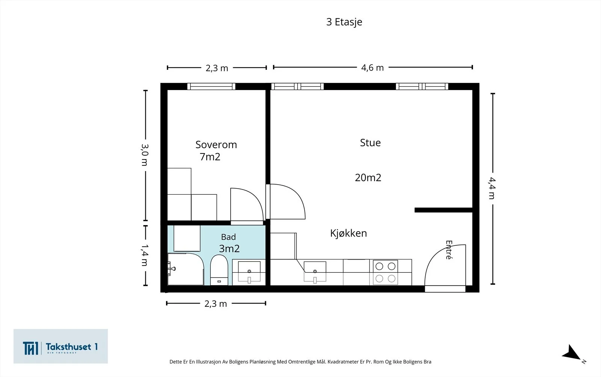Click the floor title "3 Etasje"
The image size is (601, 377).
coord(344,22)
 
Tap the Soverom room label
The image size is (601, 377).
coord(216,145)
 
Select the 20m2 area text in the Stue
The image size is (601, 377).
coord(368,178)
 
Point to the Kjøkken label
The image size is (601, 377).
coord(348,233)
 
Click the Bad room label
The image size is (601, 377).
coord(228,237)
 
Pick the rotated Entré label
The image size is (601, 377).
coord(449,250)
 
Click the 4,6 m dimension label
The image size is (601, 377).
coord(372,68)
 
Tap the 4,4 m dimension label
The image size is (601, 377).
coord(492,188)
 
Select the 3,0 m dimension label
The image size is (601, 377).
coord(145,155)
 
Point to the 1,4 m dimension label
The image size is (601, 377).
coord(145,255)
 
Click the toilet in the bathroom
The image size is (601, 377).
coord(219,270)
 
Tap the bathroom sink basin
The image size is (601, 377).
coord(249,272)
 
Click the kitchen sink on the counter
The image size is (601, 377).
coord(315,272)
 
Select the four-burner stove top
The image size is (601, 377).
coord(385,272)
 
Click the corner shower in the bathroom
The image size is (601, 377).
coord(186,269)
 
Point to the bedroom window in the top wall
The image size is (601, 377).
coord(211,86)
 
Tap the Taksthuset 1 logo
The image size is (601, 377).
coord(60,346)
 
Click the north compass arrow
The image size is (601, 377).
coord(571,353)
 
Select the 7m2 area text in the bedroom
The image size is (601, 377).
coord(210,157)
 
